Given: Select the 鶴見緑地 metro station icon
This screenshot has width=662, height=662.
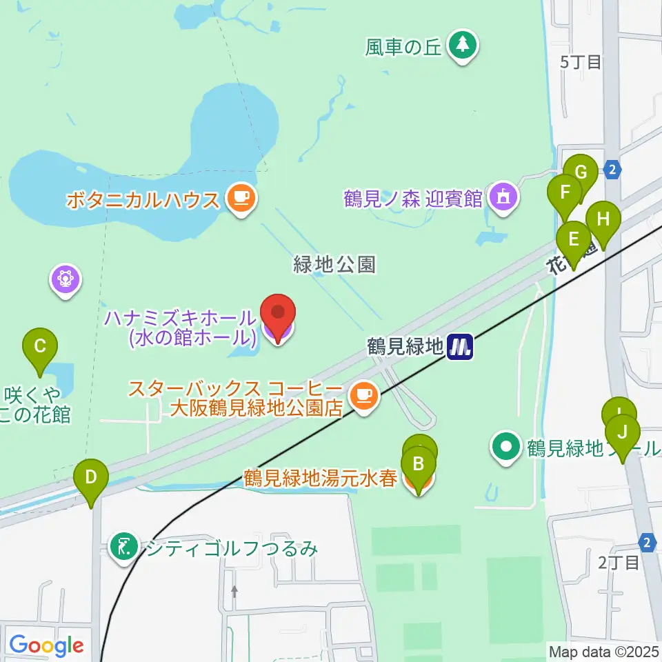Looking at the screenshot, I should pos(459,346).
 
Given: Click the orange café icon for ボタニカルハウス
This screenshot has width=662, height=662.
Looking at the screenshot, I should pos(241,199).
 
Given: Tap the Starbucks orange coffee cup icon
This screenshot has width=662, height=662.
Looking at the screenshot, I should pos(363,397).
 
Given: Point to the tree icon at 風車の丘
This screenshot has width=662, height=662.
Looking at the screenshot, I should pos(462,46).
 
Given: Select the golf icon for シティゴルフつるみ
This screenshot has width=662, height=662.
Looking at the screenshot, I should pos(125,548).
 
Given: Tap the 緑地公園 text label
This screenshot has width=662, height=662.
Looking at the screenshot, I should pos(334,264).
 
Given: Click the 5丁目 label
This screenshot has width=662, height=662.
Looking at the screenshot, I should pos(581,62).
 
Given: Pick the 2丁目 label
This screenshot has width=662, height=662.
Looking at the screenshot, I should pos(619,563).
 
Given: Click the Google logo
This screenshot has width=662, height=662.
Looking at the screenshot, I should pos(46,645).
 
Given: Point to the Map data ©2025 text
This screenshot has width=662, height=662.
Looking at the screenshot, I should pos(603,650).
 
